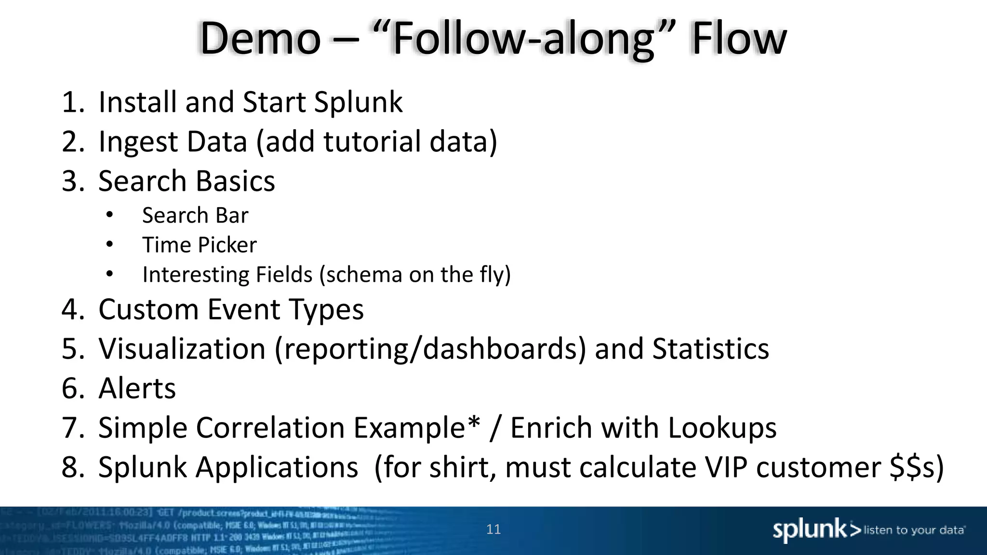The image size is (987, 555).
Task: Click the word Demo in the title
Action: [x=260, y=39]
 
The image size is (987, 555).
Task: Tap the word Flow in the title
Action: [x=738, y=39]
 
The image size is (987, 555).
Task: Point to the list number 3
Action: [x=73, y=181]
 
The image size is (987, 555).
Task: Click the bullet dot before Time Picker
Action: [x=110, y=245]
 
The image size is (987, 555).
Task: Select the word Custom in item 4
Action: [x=148, y=309]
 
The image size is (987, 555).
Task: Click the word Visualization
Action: [x=182, y=348]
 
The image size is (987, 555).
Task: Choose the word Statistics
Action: [x=710, y=348]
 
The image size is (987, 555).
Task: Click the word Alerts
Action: [x=137, y=388]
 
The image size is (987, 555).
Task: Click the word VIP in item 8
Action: [x=726, y=467]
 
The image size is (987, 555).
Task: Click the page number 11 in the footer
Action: [x=493, y=529]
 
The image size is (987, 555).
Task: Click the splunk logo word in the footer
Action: [x=810, y=530]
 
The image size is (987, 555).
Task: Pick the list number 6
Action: [x=73, y=388]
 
